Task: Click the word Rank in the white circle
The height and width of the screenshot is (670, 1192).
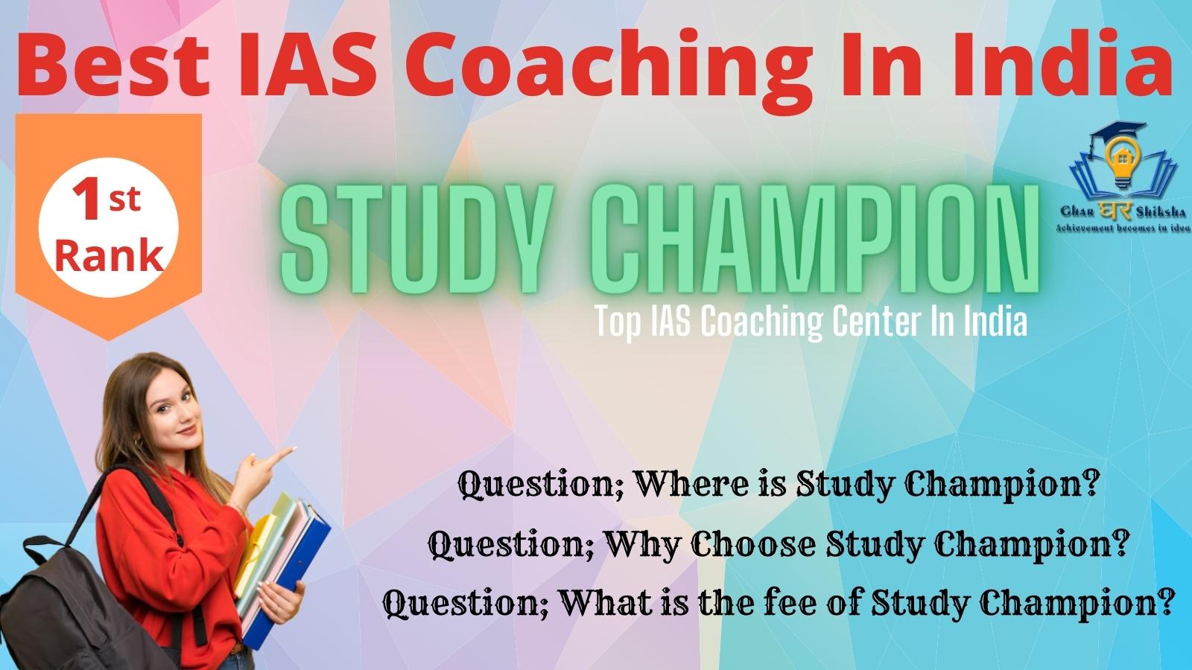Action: (x=109, y=257)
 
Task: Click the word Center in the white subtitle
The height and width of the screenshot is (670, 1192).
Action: (x=876, y=321)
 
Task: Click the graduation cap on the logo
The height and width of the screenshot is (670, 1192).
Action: (x=1115, y=134)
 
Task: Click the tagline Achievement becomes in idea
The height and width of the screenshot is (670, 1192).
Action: (x=1123, y=229)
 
